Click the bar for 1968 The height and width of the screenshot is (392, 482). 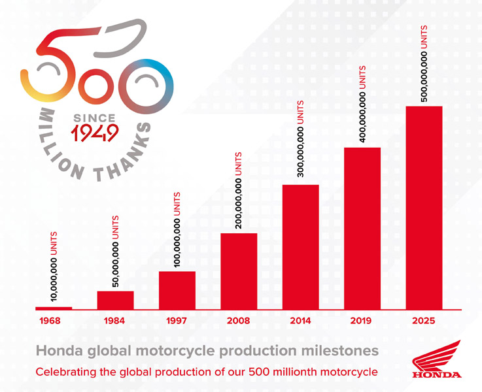click(54, 308)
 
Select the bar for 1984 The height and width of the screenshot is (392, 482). click(115, 301)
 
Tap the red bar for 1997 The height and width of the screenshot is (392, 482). click(177, 290)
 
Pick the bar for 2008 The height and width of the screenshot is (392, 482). click(239, 271)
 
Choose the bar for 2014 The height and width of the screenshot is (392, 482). click(301, 247)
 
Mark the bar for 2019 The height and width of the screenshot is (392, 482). click(362, 229)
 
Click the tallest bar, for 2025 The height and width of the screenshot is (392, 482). click(424, 208)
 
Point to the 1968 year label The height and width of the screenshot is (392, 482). click(50, 321)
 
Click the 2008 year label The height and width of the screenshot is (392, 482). click(239, 321)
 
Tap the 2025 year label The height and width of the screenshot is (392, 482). click(424, 321)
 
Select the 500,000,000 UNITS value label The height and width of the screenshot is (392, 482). click(424, 63)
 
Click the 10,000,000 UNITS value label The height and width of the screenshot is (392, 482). click(54, 267)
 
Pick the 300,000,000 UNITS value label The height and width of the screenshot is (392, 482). click(301, 139)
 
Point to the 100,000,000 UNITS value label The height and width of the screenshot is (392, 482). click(177, 229)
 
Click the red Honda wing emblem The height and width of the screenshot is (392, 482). click(436, 355)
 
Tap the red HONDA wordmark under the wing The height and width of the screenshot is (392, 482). click(437, 375)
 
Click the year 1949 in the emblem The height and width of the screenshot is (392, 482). click(95, 133)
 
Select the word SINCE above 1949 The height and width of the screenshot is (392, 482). click(94, 118)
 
